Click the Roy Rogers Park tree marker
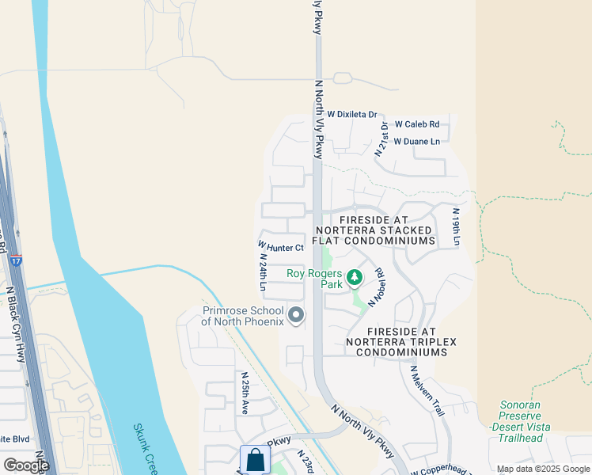(355, 277)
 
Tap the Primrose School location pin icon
(296, 316)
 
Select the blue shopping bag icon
(254, 459)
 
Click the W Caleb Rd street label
(417, 124)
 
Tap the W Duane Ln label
(416, 142)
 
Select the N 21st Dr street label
(383, 139)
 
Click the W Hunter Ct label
(281, 247)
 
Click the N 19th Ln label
(456, 226)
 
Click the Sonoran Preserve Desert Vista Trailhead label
(520, 416)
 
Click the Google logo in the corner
(25, 465)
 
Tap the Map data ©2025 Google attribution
(543, 469)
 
